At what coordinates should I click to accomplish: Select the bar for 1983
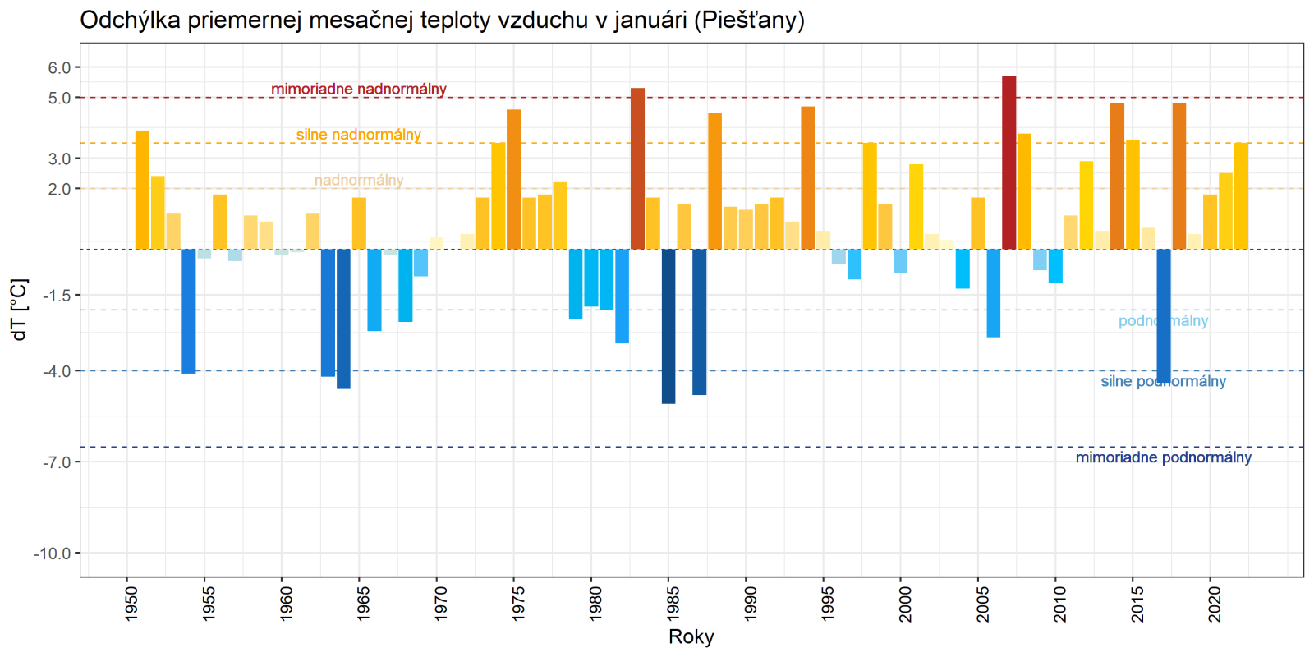point(637,168)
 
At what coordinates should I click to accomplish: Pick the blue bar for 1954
point(189,311)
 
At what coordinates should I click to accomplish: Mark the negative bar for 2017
point(1164,316)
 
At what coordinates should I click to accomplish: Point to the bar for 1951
point(142,190)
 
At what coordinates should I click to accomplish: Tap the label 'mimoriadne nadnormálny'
point(359,89)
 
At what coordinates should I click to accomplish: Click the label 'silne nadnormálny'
point(359,135)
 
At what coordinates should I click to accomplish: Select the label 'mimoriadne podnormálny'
point(1163,457)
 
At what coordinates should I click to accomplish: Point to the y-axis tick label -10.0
point(52,554)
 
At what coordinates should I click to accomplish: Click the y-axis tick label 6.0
point(59,68)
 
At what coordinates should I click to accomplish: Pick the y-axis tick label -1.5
point(56,295)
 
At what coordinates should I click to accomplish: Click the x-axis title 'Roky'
point(691,636)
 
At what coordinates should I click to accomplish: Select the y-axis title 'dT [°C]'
point(19,310)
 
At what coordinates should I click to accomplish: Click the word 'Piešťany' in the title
point(748,20)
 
